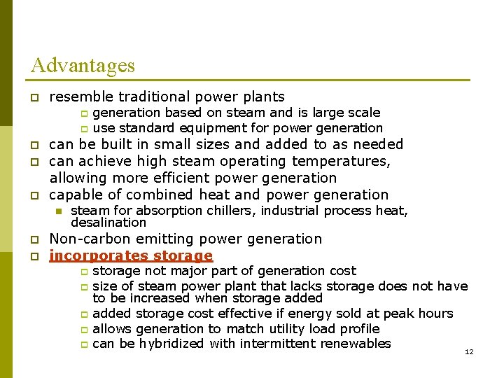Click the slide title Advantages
click(x=83, y=66)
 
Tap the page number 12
click(x=469, y=351)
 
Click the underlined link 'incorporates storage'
click(x=131, y=255)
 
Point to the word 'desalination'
click(x=108, y=223)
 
